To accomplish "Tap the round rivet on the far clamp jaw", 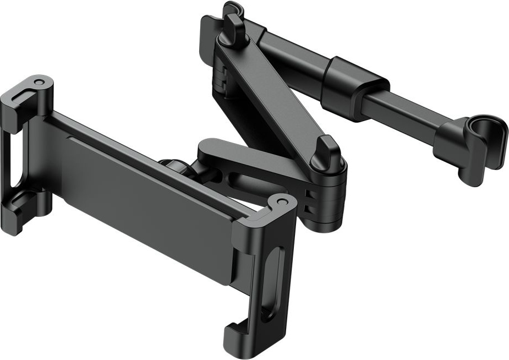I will [39, 83].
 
